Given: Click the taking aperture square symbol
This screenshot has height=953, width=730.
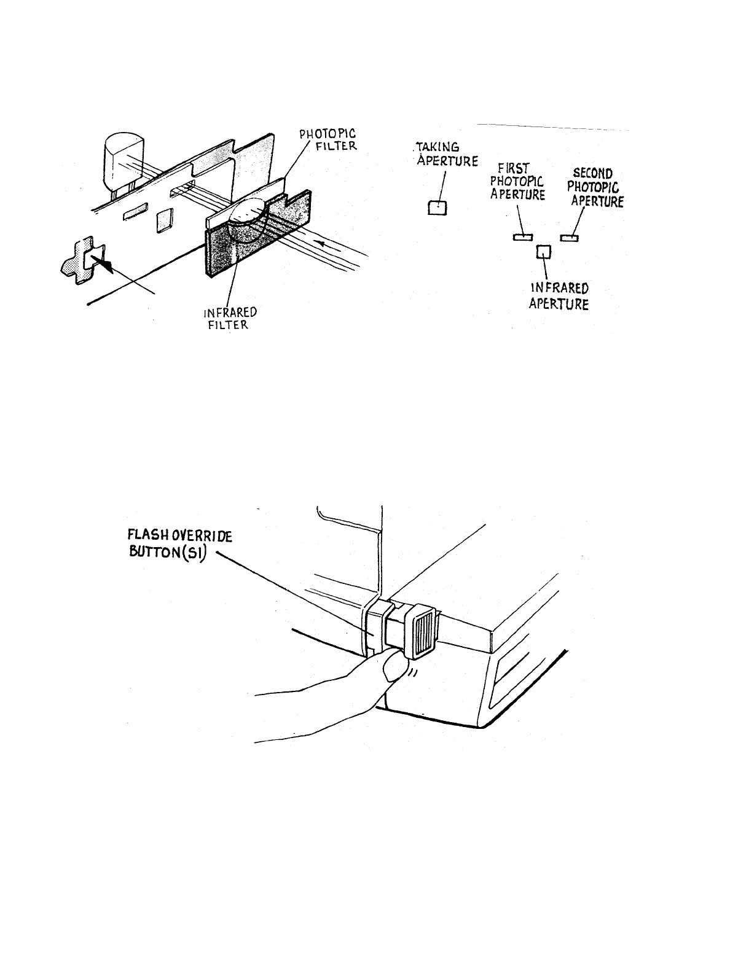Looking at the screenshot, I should [x=437, y=208].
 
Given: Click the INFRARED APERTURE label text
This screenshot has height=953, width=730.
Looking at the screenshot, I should [x=559, y=295].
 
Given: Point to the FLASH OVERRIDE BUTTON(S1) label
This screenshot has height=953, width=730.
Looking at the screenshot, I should [x=175, y=543].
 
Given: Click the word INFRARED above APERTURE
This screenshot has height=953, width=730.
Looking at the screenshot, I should [x=559, y=288].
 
